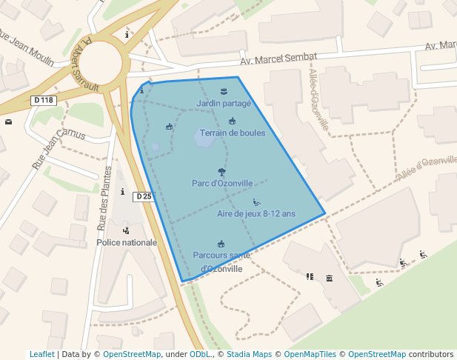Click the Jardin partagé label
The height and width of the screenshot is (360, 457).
point(224,103)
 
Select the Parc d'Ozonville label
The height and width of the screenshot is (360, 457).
point(222,183)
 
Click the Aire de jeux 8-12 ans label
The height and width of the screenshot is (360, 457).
point(256,213)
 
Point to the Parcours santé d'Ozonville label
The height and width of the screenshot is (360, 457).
point(221,261)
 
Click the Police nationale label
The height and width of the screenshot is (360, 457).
point(127,242)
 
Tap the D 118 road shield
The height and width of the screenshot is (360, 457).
point(44,100)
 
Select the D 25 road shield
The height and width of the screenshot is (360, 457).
point(144,196)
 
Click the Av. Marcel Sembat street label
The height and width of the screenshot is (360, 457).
point(278,59)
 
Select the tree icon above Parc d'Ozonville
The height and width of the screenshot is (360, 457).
point(221,171)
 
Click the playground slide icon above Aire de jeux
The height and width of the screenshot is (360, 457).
point(256,201)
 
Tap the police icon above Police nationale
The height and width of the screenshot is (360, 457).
point(126,230)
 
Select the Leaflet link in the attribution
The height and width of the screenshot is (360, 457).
point(41,354)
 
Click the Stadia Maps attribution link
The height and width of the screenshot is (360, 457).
point(249,354)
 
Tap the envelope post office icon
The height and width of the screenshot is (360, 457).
point(8,121)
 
